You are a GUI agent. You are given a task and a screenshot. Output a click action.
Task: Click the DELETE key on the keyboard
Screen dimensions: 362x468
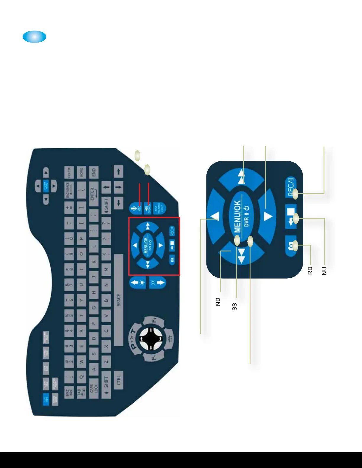point(69,172)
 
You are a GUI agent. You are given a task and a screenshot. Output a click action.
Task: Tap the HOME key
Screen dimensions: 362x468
point(81,172)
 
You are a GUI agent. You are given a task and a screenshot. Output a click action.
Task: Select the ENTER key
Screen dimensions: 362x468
point(93,194)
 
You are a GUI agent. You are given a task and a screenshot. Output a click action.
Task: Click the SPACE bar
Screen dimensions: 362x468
point(118,300)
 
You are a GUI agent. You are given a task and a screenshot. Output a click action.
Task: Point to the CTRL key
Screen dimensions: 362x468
point(118,379)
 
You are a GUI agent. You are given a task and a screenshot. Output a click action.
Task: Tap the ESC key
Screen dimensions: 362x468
point(69,392)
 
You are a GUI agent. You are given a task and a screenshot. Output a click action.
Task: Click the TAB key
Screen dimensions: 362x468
point(81,392)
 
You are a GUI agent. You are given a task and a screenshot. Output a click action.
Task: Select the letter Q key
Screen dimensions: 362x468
point(81,376)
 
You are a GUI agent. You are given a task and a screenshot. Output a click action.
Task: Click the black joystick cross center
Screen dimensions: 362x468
point(151,339)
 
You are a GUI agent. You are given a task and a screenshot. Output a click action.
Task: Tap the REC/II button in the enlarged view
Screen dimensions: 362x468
point(290,187)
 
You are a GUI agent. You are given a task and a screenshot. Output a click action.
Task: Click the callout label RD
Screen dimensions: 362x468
point(310,271)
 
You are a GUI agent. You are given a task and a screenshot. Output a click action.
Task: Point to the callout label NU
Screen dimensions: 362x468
point(324,271)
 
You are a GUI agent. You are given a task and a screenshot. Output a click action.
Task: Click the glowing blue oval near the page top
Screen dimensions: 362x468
point(35,37)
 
